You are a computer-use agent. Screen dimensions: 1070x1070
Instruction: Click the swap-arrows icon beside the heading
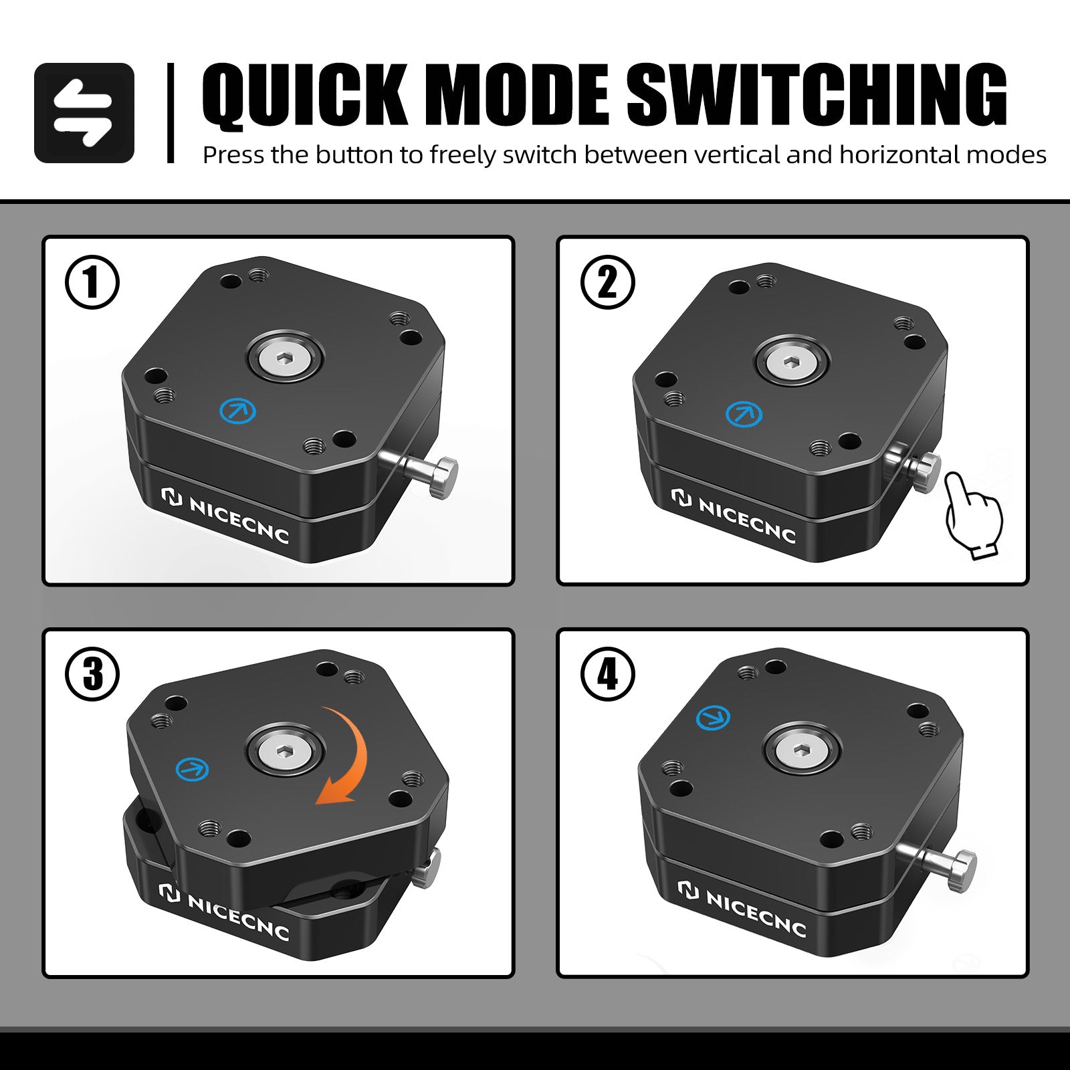84,113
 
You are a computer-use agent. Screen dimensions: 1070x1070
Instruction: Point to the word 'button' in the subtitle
354,155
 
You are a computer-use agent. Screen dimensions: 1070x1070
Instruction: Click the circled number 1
92,282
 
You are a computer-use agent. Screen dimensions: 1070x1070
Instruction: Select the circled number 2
607,282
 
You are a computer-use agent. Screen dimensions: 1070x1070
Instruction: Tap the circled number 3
92,674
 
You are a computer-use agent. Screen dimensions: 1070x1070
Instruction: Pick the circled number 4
607,674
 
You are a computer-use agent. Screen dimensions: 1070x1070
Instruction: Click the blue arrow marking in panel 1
237,410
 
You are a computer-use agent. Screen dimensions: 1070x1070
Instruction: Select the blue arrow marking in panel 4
713,718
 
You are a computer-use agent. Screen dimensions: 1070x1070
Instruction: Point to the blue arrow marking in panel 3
192,769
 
